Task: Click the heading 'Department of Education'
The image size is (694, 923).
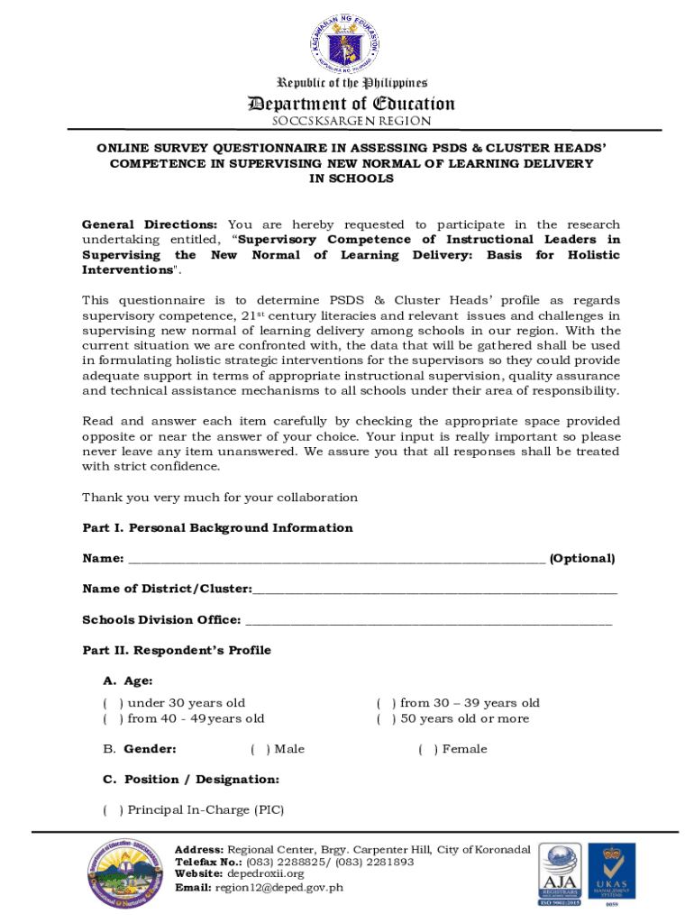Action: [352, 104]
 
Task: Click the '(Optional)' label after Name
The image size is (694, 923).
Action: [582, 559]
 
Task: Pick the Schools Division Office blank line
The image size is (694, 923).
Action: [428, 620]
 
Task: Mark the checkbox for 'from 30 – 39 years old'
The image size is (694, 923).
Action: [386, 703]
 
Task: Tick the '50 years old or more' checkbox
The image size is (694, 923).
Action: [386, 718]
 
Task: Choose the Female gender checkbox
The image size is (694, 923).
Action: [428, 749]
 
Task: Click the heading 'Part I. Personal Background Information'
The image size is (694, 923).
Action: [217, 528]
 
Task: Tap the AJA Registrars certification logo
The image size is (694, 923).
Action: [560, 874]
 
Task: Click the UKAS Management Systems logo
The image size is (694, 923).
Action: [612, 874]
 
